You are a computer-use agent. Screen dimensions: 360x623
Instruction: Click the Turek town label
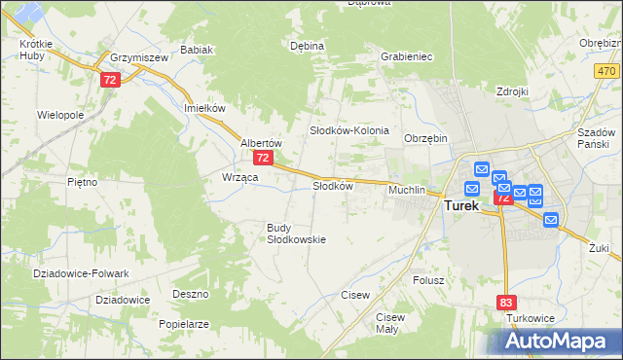461,206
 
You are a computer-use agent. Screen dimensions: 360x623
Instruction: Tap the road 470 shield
607,72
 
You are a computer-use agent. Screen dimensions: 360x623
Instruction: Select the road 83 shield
505,303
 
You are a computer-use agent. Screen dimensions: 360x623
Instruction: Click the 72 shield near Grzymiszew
110,80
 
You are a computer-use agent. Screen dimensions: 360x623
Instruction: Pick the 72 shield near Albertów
262,157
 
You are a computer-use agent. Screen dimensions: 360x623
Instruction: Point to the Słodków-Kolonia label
349,130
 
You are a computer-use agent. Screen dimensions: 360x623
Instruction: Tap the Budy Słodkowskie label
296,234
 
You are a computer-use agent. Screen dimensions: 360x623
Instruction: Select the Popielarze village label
185,323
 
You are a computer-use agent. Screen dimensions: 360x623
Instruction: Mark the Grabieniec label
407,56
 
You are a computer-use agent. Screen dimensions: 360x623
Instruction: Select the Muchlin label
407,190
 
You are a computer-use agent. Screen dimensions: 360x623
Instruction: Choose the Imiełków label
204,108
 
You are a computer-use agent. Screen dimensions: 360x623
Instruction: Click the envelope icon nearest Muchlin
472,189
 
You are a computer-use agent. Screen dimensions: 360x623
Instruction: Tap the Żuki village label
599,248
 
